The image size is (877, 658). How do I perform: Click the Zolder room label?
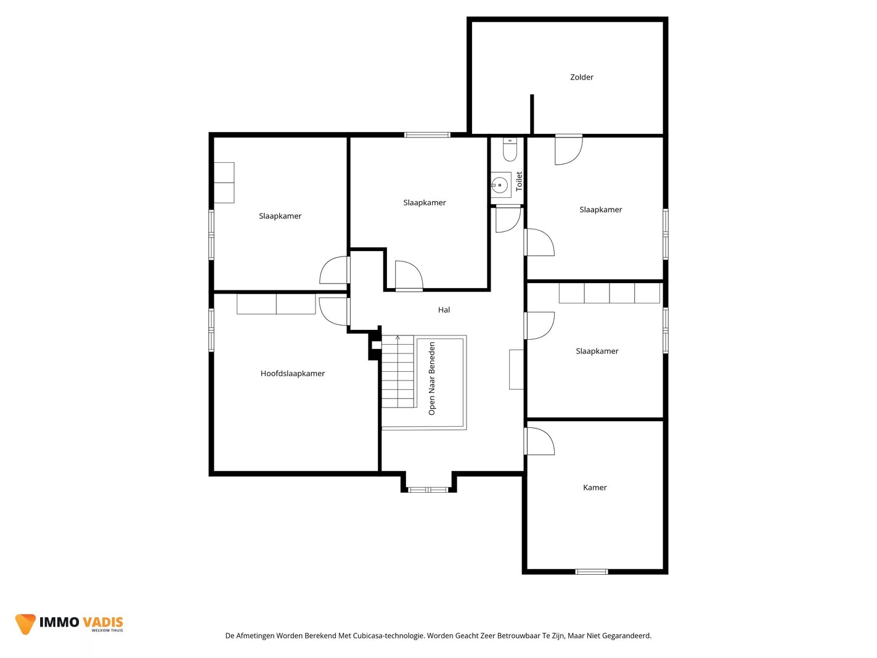[x=581, y=77]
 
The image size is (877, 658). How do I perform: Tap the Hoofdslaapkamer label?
[x=293, y=373]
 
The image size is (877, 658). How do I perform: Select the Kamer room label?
[x=595, y=487]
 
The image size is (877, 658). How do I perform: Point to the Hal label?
[x=444, y=310]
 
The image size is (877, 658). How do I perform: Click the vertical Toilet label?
[x=519, y=181]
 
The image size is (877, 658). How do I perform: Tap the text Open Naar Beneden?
[x=431, y=379]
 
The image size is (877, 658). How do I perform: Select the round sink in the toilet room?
[x=499, y=185]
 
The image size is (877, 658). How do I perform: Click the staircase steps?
[x=398, y=371]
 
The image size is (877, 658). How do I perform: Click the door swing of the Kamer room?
[x=539, y=441]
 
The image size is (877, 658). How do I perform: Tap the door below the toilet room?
[x=508, y=219]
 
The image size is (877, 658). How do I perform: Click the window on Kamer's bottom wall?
[x=591, y=572]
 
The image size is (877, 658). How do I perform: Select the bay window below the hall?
[x=428, y=490]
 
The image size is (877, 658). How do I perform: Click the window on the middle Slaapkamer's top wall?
[x=427, y=134]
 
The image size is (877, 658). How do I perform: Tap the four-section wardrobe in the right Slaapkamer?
[x=609, y=293]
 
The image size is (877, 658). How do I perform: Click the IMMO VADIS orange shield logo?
[x=25, y=623]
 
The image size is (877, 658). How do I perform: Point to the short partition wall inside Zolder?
[x=532, y=114]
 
